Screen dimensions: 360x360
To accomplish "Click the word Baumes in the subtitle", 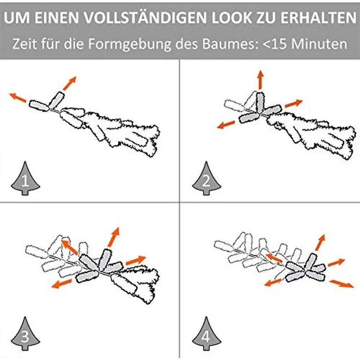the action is [x=229, y=44].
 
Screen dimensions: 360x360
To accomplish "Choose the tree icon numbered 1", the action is [x=25, y=179].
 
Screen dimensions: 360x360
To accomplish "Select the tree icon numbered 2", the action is [x=206, y=179].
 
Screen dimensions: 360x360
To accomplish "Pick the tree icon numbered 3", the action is [x=25, y=334].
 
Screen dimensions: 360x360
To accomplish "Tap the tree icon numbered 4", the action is [x=206, y=334].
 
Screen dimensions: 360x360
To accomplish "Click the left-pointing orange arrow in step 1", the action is [x=18, y=97].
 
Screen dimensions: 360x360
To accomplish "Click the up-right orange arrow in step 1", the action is [x=69, y=83].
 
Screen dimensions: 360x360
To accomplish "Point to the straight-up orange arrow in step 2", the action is [x=260, y=79].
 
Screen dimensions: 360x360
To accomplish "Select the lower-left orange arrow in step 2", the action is [x=226, y=125].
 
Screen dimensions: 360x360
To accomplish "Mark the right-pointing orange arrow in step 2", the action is [x=293, y=103].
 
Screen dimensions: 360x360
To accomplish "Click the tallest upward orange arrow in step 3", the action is [x=113, y=237].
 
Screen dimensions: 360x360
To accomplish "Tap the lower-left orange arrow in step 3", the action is [x=62, y=284].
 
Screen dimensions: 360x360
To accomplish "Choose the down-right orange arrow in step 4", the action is [x=342, y=284].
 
